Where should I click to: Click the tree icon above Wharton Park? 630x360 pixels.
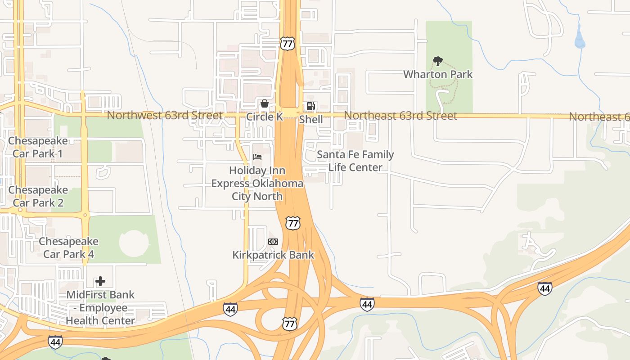(x=437, y=61)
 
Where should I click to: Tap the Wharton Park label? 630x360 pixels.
(x=437, y=74)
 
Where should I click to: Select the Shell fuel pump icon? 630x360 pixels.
(x=310, y=106)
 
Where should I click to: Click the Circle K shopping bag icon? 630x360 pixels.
(x=265, y=104)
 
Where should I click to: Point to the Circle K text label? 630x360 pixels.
(x=265, y=117)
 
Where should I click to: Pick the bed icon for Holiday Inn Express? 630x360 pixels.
(x=257, y=157)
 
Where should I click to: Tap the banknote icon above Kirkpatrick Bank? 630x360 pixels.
(x=273, y=242)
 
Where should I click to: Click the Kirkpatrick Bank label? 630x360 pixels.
(x=273, y=255)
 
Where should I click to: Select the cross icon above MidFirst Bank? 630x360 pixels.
(x=100, y=282)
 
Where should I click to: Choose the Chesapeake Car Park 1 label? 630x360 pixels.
(x=38, y=147)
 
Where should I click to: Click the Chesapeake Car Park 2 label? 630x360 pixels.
(x=38, y=196)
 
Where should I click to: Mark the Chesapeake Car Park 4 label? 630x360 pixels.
(x=68, y=247)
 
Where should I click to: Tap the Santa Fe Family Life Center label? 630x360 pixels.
(x=355, y=161)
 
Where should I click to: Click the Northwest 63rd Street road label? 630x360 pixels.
(x=165, y=115)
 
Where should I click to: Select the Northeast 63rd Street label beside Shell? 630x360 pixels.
(x=400, y=116)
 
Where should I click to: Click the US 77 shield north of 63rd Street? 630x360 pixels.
(x=287, y=44)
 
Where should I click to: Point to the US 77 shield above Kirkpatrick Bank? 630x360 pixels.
(x=292, y=223)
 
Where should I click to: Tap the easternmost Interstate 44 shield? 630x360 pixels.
(x=544, y=288)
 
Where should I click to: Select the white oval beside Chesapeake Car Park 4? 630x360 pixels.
(x=134, y=243)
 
